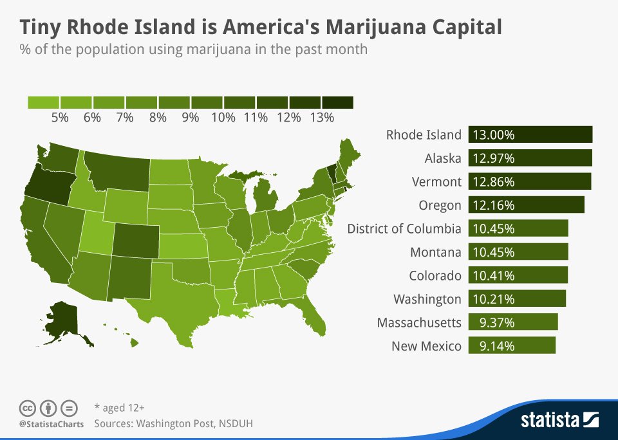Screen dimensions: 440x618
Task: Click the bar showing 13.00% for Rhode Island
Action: pos(530,134)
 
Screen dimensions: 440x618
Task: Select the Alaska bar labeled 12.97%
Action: pos(530,158)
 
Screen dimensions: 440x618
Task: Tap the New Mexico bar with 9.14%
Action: pos(512,345)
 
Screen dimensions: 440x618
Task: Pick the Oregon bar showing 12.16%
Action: pos(526,205)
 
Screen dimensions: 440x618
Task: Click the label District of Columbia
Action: pos(404,228)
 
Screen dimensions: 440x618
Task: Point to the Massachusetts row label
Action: pos(419,322)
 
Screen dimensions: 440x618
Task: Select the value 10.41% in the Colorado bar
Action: pos(494,275)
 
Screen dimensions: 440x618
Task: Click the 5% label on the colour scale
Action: pos(60,117)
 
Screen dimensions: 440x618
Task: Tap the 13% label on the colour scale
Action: pos(321,117)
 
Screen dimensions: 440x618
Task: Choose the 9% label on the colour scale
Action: pos(191,117)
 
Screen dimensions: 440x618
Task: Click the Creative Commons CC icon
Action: pos(27,408)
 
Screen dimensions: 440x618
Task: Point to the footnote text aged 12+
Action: pos(119,408)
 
